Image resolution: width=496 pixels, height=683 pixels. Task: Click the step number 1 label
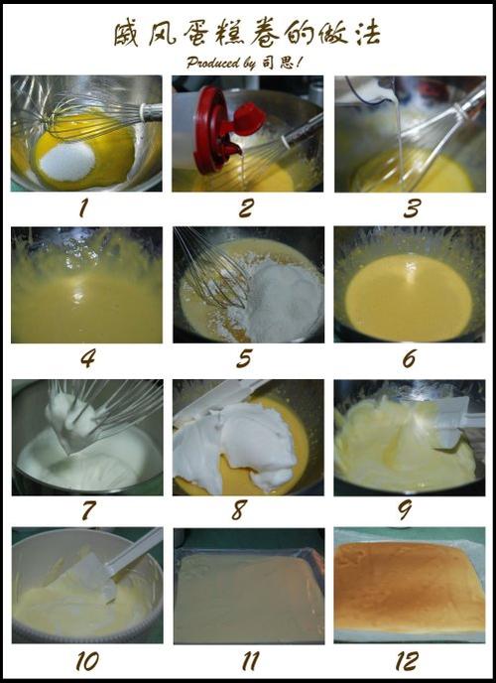[83, 208]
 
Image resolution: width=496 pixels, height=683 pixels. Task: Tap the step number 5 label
[244, 358]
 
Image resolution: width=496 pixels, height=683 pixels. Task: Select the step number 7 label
[88, 509]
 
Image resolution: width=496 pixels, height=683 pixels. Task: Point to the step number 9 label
[405, 509]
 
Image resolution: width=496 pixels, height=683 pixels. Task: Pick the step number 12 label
[408, 661]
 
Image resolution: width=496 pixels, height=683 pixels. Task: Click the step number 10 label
[87, 661]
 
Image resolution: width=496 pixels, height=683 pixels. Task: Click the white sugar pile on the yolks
[67, 162]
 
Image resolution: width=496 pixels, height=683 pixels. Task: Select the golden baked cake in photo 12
[409, 587]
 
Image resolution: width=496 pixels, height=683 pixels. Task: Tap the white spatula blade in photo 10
[96, 575]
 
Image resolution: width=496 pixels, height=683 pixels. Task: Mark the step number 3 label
[411, 208]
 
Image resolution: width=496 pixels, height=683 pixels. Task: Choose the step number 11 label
[250, 661]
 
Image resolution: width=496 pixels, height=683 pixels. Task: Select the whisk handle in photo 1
[151, 112]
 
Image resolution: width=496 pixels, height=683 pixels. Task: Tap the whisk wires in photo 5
[213, 268]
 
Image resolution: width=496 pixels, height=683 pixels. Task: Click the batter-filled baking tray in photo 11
[249, 596]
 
